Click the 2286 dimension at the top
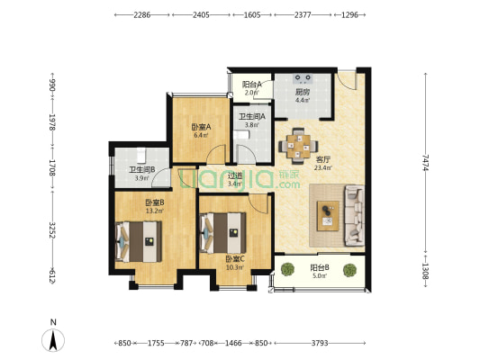point(141,14)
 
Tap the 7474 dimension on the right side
point(425,162)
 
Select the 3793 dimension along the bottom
point(320,343)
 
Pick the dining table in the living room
point(298,146)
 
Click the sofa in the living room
point(355,215)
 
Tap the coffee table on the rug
point(328,216)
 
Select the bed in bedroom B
point(139,241)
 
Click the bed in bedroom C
point(222,233)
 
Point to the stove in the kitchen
point(303,78)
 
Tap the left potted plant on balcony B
point(287,270)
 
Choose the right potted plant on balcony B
point(349,270)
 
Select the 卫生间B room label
point(141,170)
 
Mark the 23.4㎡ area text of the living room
point(323,167)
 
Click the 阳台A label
point(252,84)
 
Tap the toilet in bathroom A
point(241,135)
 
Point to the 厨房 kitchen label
point(303,92)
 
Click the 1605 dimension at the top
point(252,14)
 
